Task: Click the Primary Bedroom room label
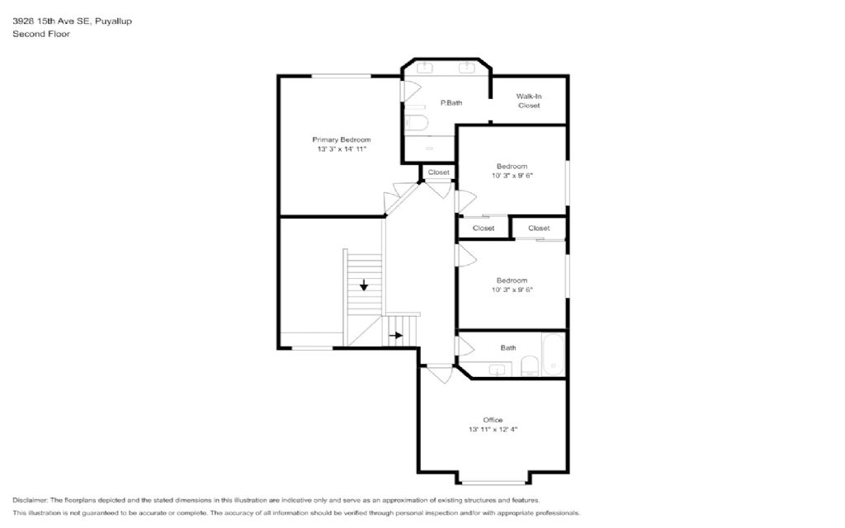[341, 139]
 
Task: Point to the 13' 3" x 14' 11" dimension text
[342, 149]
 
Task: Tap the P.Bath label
[451, 103]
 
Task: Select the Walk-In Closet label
[529, 101]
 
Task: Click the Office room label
[493, 420]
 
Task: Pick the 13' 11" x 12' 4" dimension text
[493, 429]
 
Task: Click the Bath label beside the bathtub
[508, 348]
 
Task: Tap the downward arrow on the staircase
[364, 285]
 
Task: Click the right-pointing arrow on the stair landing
[396, 335]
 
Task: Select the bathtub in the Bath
[553, 355]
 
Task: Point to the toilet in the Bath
[529, 366]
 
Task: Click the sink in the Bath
[497, 370]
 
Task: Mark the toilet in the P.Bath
[416, 123]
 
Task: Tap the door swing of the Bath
[465, 346]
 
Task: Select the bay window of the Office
[493, 483]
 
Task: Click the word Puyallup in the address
[113, 21]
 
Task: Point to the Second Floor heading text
[41, 34]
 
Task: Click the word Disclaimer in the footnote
[31, 500]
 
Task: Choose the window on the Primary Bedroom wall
[341, 77]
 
